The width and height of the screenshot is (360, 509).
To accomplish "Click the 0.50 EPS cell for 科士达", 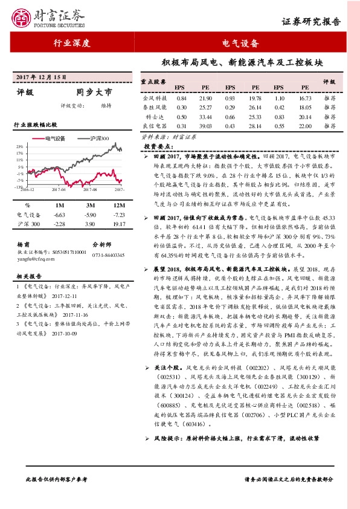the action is (181, 116).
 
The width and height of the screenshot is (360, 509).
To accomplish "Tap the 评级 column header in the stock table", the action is (329, 81).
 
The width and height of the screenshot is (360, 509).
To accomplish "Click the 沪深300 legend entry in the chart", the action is (97, 138).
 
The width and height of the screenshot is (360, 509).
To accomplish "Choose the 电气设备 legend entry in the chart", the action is (60, 138).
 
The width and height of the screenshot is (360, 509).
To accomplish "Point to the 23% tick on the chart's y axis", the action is (20, 146).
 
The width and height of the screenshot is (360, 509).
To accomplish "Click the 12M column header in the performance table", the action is (118, 206).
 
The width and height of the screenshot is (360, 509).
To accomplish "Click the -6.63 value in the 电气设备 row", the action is (59, 215).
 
